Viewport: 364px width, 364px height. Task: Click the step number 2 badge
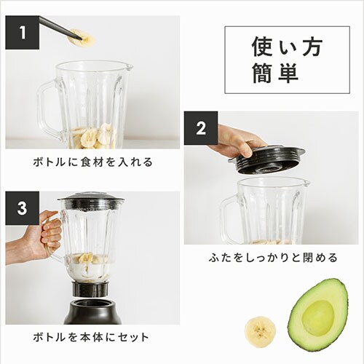point(201,129)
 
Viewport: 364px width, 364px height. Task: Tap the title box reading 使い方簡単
point(277,60)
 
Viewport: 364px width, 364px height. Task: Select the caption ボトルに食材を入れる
point(92,162)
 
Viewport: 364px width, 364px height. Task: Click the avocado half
point(318,315)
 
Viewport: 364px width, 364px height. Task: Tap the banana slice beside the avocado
point(259,331)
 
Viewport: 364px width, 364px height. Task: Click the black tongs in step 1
point(58,28)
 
